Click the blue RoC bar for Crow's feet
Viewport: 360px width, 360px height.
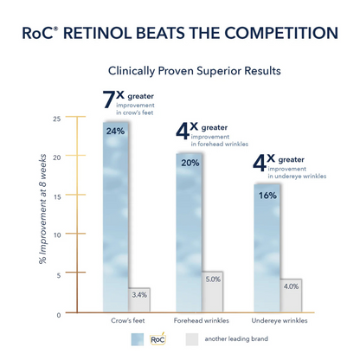click(x=115, y=216)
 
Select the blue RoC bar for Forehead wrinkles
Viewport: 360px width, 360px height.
click(x=190, y=234)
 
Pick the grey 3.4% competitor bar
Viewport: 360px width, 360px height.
click(x=138, y=299)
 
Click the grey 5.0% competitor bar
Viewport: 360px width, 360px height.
click(x=213, y=292)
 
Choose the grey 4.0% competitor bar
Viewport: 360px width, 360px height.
click(x=290, y=295)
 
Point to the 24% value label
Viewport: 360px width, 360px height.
click(x=115, y=131)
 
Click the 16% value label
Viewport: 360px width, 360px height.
click(x=267, y=195)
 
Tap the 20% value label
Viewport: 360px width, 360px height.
click(x=190, y=163)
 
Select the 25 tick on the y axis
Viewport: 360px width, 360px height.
click(x=57, y=119)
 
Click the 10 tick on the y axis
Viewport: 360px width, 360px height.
click(x=57, y=235)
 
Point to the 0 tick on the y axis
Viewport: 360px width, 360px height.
click(x=59, y=314)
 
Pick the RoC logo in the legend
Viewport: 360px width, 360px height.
click(x=157, y=339)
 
